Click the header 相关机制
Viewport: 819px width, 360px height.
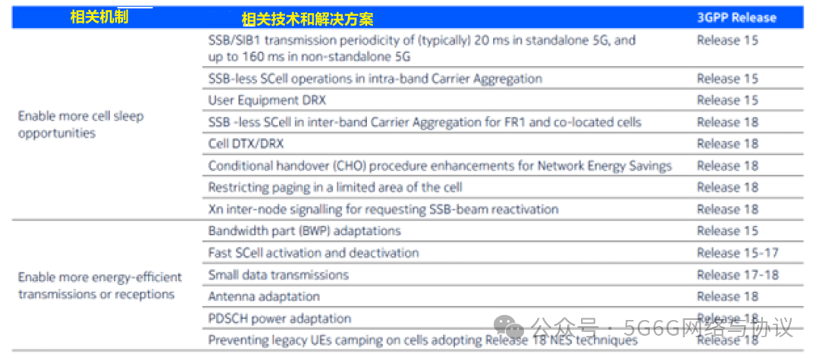[99, 17]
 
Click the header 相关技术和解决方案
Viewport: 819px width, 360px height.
[307, 19]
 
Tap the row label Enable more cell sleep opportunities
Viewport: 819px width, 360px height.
[80, 124]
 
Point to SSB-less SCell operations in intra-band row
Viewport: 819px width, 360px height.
[375, 78]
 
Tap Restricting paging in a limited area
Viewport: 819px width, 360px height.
[335, 187]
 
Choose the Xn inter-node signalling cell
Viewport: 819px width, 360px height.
[383, 209]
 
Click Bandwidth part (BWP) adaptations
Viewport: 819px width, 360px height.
[304, 230]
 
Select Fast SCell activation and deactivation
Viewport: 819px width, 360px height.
[313, 252]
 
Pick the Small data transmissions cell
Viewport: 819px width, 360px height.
[278, 274]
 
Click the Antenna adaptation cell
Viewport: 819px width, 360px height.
[263, 296]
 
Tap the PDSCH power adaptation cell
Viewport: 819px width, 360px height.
[279, 318]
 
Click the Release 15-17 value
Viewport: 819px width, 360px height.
[737, 252]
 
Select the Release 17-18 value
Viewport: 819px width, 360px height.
[737, 274]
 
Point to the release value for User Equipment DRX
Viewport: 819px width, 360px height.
[727, 100]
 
